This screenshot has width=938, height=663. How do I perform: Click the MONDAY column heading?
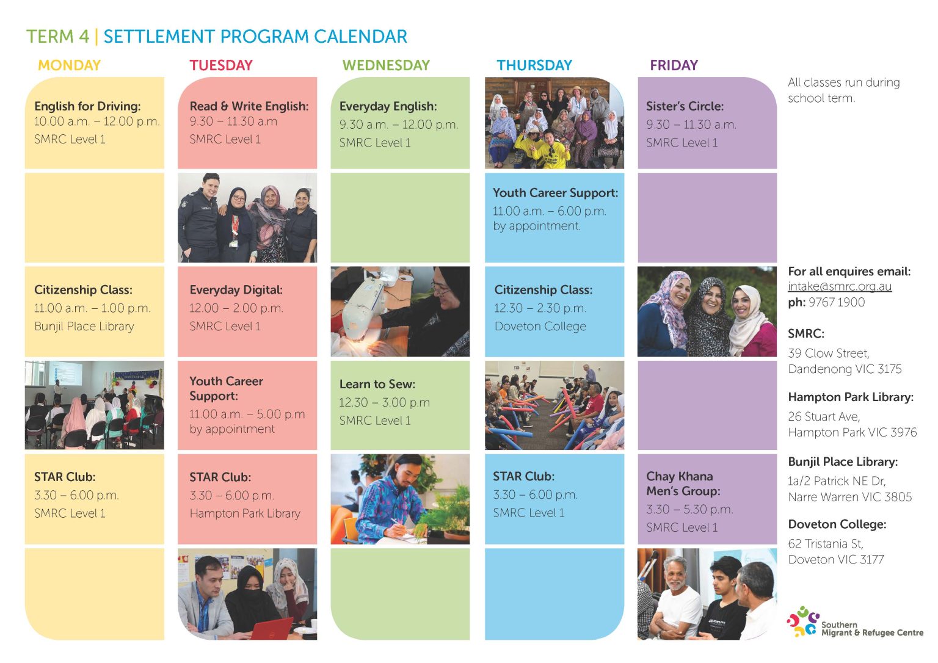(x=69, y=65)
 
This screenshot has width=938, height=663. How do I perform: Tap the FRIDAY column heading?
(x=674, y=65)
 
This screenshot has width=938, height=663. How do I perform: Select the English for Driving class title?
(x=87, y=106)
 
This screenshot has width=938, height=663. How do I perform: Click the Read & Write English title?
(x=249, y=106)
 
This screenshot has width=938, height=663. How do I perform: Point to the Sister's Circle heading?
(x=685, y=106)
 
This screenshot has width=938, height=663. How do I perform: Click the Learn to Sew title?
(x=377, y=384)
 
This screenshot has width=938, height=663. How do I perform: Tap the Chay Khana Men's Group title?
(x=683, y=484)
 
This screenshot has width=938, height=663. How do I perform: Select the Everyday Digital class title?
(x=236, y=290)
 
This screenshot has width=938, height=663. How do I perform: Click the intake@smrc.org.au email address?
(x=840, y=286)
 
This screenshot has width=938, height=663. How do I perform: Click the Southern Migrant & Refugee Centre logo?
(x=854, y=623)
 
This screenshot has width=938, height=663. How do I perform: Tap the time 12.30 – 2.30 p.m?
(x=540, y=308)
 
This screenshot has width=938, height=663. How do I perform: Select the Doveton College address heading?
(x=837, y=524)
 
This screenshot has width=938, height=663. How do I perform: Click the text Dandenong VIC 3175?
(x=845, y=369)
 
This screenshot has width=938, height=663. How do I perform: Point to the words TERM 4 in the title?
(x=57, y=37)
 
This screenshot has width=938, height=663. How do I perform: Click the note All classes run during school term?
(x=843, y=90)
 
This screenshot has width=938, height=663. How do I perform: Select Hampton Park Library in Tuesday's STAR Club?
(x=245, y=513)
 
